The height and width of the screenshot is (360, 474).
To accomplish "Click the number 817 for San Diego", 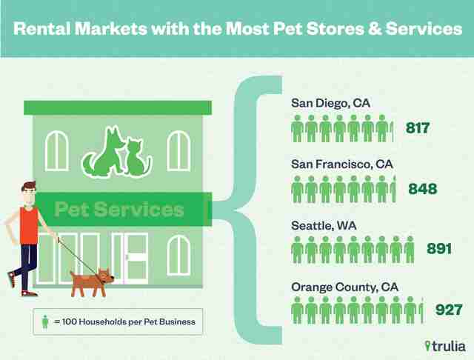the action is point(418,128).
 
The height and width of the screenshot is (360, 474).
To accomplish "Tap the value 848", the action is point(423,189).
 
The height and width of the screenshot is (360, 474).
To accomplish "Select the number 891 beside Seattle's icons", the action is point(439,248).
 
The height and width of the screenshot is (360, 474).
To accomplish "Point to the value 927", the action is point(449,310).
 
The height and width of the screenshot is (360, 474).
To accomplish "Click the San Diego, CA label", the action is point(331,103).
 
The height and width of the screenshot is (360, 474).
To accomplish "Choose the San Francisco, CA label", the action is point(342,164).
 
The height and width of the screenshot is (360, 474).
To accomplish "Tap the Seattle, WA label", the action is point(324,226).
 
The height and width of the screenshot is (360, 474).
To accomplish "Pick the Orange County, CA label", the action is point(344,287).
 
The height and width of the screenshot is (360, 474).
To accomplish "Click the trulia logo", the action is point(445,346).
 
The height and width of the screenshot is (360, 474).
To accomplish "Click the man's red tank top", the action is point(29,225).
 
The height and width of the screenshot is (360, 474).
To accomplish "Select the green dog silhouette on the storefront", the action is point(104,153).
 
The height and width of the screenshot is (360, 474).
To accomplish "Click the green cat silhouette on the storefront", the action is point(138,158).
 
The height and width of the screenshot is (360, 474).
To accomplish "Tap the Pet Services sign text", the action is point(119,209).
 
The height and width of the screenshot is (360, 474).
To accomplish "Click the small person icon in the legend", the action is point(45,322).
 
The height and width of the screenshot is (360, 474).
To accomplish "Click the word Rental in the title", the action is point(42,29).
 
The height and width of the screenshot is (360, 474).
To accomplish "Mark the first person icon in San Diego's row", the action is point(297,128).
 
